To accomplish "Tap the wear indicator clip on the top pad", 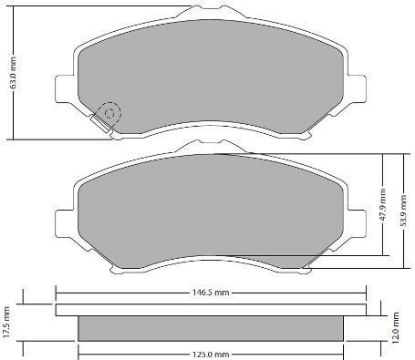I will click(100, 122).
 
